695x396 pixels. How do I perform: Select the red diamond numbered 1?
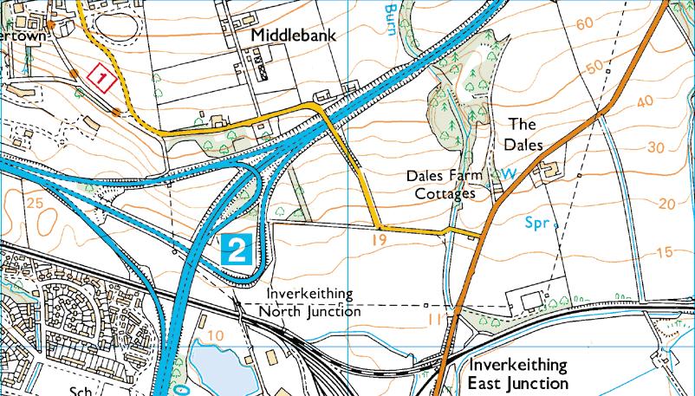(102, 79)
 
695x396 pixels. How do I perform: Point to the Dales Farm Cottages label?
(444, 185)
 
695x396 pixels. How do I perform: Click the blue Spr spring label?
(537, 223)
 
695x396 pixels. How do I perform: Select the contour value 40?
(645, 102)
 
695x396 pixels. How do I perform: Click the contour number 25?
(35, 203)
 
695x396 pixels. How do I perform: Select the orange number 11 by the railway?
(434, 320)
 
